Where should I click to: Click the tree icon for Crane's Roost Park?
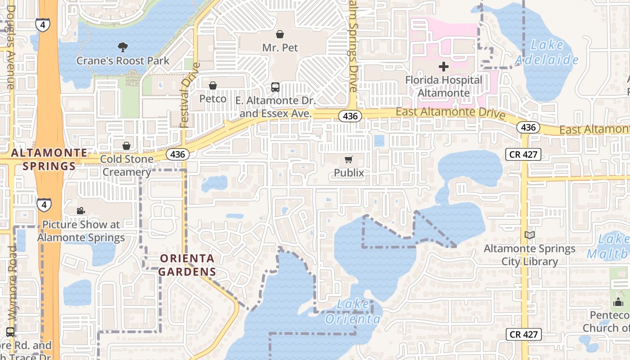tap(122, 47)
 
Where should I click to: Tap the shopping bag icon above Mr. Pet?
tap(280, 34)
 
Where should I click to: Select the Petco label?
tap(213, 99)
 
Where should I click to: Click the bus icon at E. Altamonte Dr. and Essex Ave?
tap(275, 87)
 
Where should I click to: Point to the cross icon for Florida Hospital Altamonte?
tap(444, 67)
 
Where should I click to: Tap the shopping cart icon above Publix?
tap(349, 160)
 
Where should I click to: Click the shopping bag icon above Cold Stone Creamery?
tap(126, 146)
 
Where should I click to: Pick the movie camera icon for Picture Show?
tap(81, 211)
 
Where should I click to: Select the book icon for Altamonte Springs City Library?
tap(530, 235)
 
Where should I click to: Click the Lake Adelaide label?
tap(546, 52)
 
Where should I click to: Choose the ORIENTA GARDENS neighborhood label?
tap(187, 265)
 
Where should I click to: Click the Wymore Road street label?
tap(12, 283)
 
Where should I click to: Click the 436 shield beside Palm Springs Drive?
tap(350, 116)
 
